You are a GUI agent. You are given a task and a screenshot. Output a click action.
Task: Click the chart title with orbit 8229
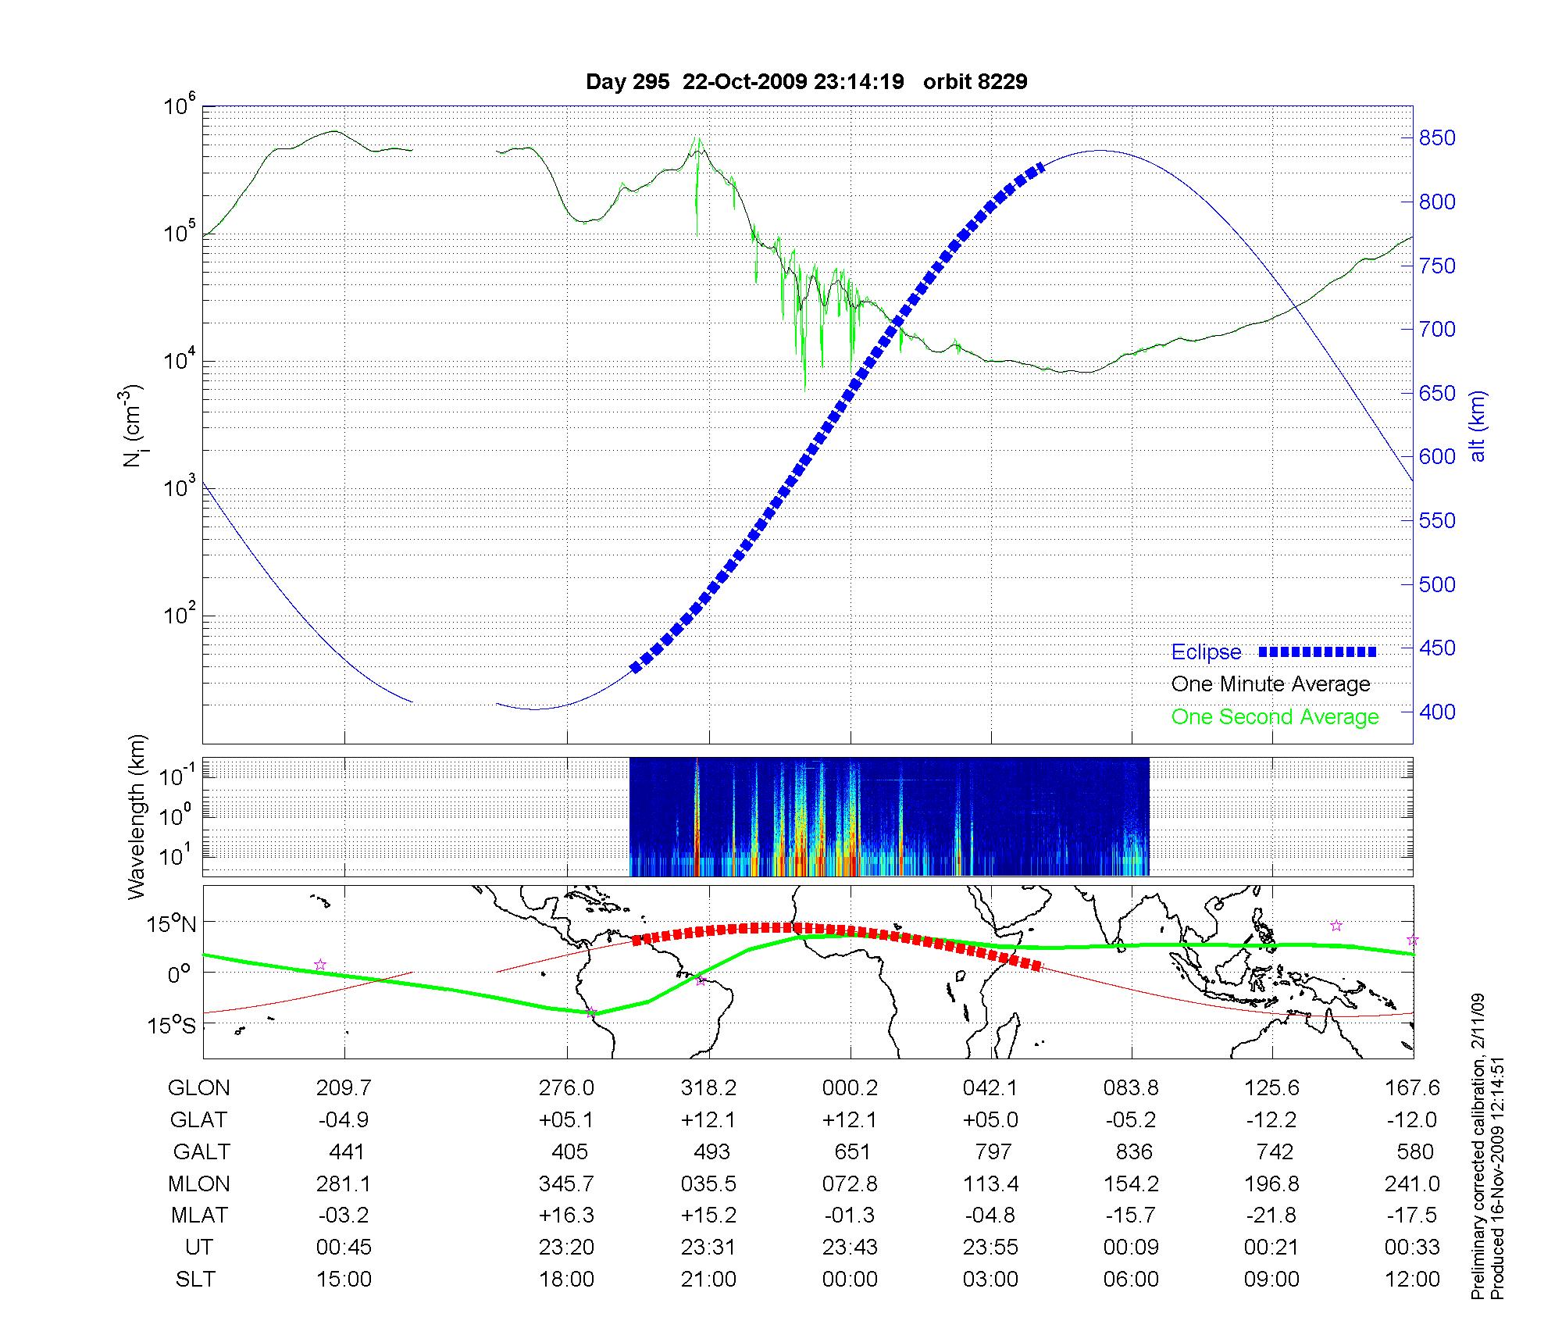pos(806,81)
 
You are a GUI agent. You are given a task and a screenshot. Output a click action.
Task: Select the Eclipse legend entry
pos(1206,652)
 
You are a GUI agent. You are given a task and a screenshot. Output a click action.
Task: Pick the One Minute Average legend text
pos(1271,684)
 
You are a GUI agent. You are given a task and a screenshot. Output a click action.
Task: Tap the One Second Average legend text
pos(1275,717)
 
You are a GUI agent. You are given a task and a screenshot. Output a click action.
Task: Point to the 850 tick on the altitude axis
pos(1437,138)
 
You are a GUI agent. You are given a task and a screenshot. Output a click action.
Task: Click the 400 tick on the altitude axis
pos(1437,712)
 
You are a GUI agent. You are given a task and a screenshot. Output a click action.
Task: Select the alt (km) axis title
pos(1478,426)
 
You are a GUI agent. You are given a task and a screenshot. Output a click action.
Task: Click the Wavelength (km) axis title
pos(137,817)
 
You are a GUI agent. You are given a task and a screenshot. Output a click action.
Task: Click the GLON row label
pos(199,1088)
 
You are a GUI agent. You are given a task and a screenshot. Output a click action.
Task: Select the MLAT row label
pos(199,1216)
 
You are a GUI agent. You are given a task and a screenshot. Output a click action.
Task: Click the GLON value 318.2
pos(708,1088)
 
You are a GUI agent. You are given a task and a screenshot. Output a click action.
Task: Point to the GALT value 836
pos(1133,1152)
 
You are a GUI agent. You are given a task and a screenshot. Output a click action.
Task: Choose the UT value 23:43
pos(850,1248)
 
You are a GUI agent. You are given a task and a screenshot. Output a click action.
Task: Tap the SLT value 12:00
pos(1412,1280)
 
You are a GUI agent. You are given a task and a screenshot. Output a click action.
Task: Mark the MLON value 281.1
pos(344,1184)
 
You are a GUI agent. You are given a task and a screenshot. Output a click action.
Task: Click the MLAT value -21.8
pos(1271,1216)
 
